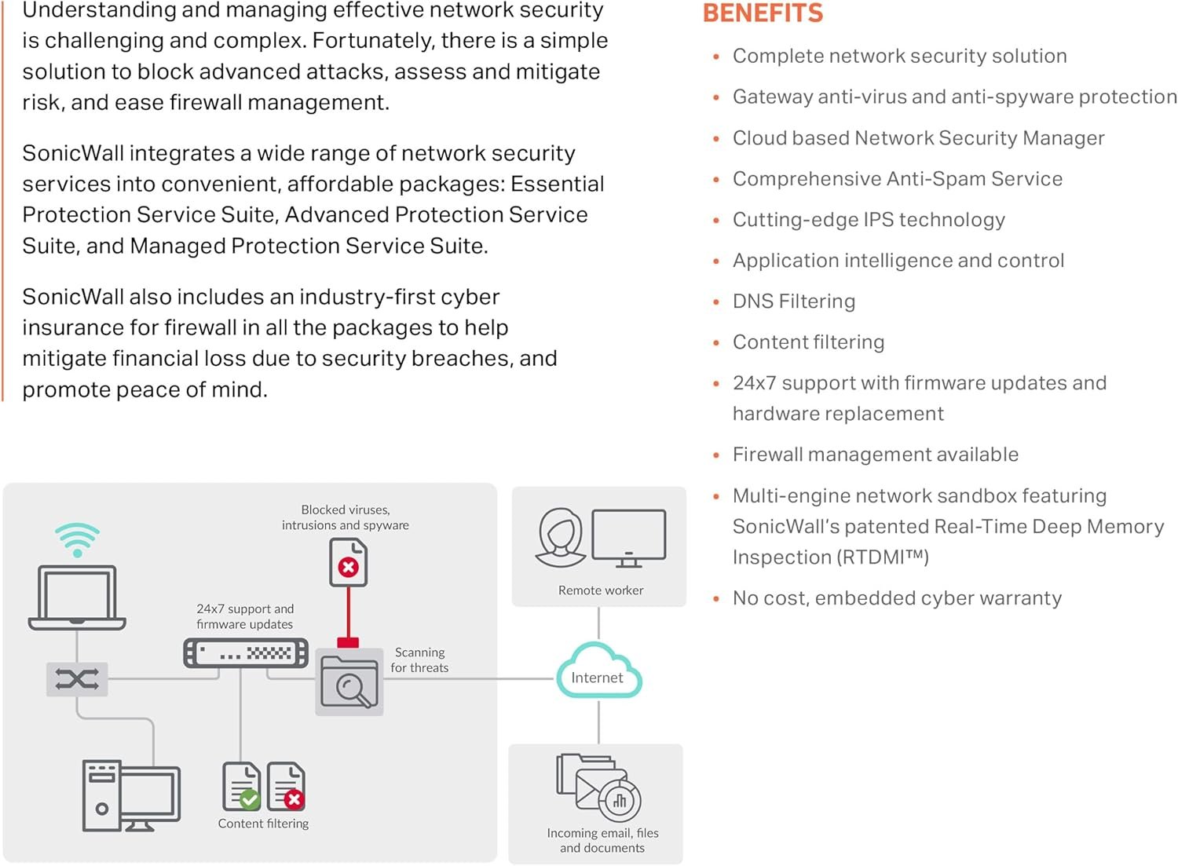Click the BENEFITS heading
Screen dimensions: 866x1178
pyautogui.click(x=763, y=13)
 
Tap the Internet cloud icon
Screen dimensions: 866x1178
pyautogui.click(x=598, y=672)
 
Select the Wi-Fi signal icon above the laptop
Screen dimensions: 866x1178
pyautogui.click(x=77, y=539)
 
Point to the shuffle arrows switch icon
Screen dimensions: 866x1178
pyautogui.click(x=77, y=679)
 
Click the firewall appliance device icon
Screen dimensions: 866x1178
pyautogui.click(x=246, y=653)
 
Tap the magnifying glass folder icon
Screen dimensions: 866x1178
pyautogui.click(x=349, y=681)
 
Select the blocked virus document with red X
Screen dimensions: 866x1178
pyautogui.click(x=348, y=562)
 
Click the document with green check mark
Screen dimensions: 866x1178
pyautogui.click(x=242, y=786)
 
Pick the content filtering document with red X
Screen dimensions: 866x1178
pyautogui.click(x=286, y=786)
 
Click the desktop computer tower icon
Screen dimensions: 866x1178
pyautogui.click(x=102, y=795)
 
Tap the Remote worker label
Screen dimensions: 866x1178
pyautogui.click(x=600, y=590)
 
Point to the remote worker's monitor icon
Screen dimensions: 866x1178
pyautogui.click(x=628, y=538)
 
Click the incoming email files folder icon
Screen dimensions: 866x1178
pyautogui.click(x=598, y=787)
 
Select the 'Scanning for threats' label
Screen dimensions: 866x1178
pyautogui.click(x=419, y=660)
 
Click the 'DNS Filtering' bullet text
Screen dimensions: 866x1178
pyautogui.click(x=793, y=301)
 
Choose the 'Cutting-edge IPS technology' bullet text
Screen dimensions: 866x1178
pyautogui.click(x=868, y=220)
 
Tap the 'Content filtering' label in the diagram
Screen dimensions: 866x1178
pyautogui.click(x=263, y=824)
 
